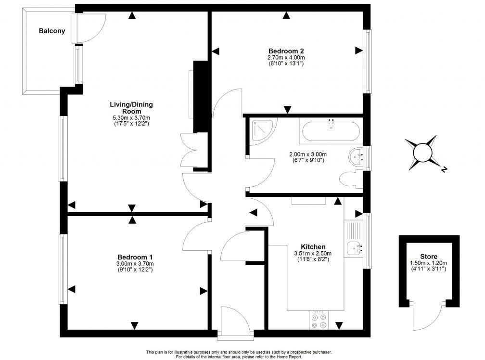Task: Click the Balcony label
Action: coord(52,31)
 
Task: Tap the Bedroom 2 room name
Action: coord(286,51)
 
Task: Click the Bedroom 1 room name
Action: coord(135,257)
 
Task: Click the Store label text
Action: coord(428,257)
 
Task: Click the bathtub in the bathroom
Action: coord(330,130)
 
